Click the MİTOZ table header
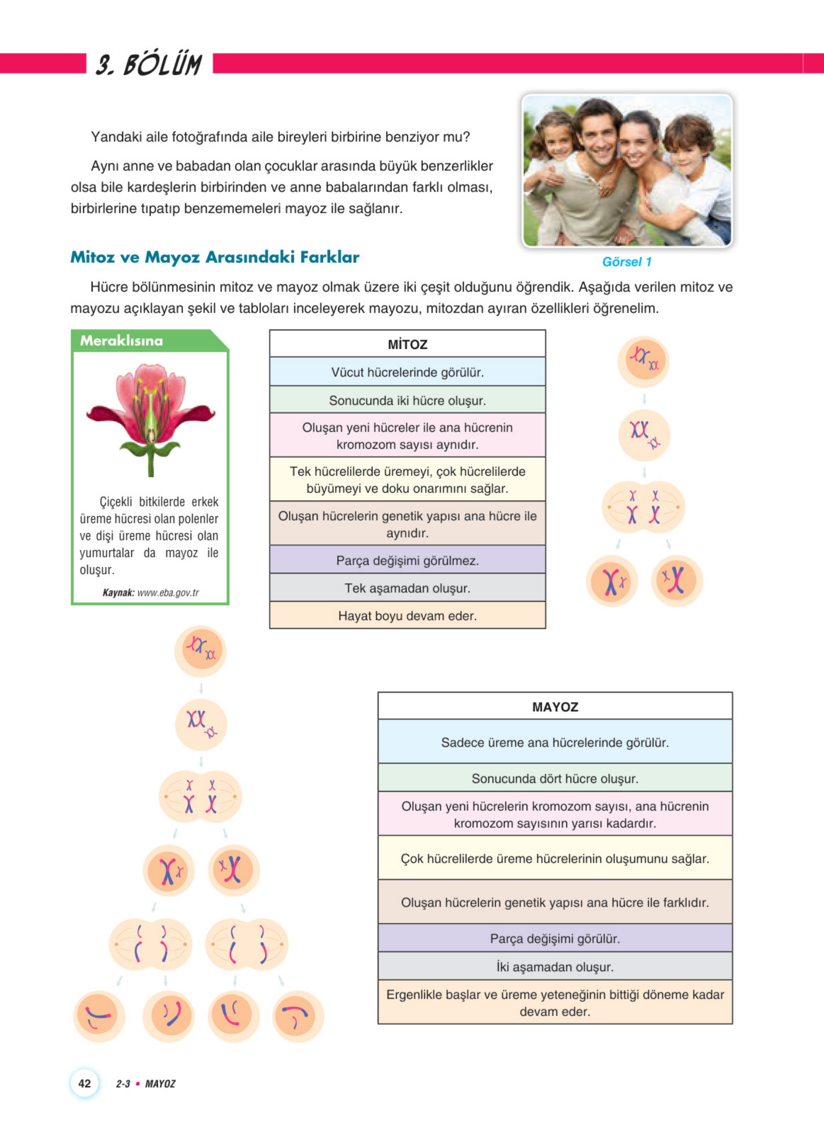(x=407, y=345)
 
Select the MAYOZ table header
(x=554, y=707)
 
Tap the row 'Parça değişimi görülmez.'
(x=407, y=560)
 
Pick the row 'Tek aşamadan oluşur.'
(x=407, y=588)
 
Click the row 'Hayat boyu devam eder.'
(x=407, y=616)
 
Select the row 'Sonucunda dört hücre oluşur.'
(x=554, y=778)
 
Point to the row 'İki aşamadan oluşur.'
(x=554, y=967)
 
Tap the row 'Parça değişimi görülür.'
(x=554, y=938)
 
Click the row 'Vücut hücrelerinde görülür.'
(x=407, y=372)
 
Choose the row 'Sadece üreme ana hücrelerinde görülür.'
(x=554, y=742)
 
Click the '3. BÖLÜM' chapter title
(x=149, y=65)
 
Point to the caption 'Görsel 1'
(x=627, y=262)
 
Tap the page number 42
(x=85, y=1083)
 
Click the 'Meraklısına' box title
(x=122, y=341)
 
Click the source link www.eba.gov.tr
(x=168, y=593)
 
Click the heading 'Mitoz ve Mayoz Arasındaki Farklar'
(x=215, y=257)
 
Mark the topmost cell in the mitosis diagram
(x=643, y=361)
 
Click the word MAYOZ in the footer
(x=160, y=1084)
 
